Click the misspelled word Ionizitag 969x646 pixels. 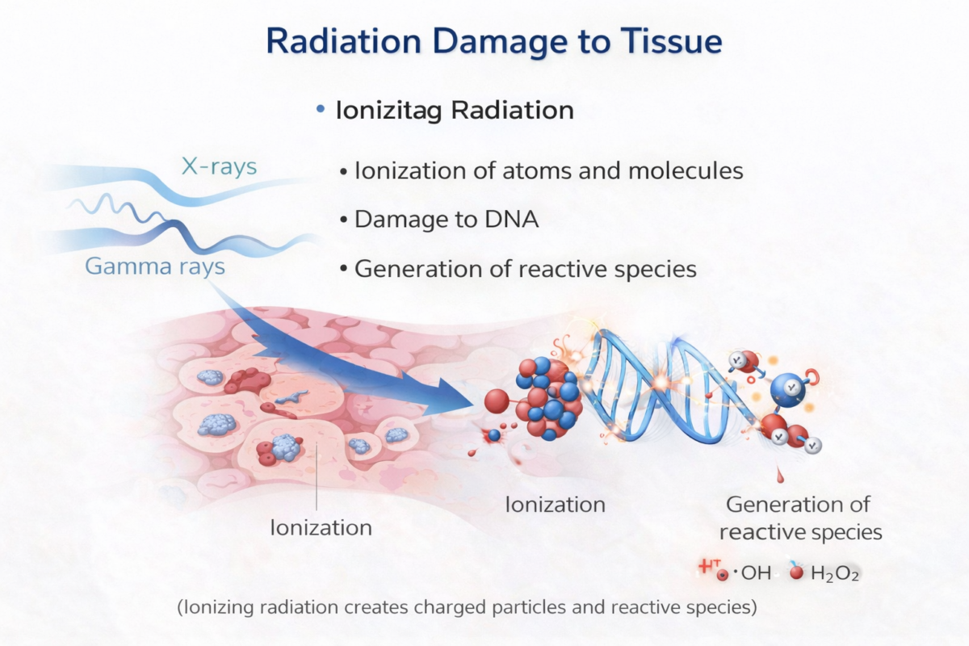coord(389,111)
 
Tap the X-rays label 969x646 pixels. coord(220,166)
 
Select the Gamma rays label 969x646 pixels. coord(155,266)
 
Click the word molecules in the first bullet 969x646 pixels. coord(686,170)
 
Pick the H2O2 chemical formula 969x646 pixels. coord(834,574)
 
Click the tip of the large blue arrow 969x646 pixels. coord(475,404)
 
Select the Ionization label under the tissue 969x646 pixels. coord(321,528)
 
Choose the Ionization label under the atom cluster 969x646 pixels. coord(556,505)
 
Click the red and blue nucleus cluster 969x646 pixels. coord(548,397)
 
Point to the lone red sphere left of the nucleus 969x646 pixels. coord(497,401)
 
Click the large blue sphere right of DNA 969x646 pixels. coord(788,389)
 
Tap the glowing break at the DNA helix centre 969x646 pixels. coord(661,383)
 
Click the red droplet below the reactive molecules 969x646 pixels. coord(780,475)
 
